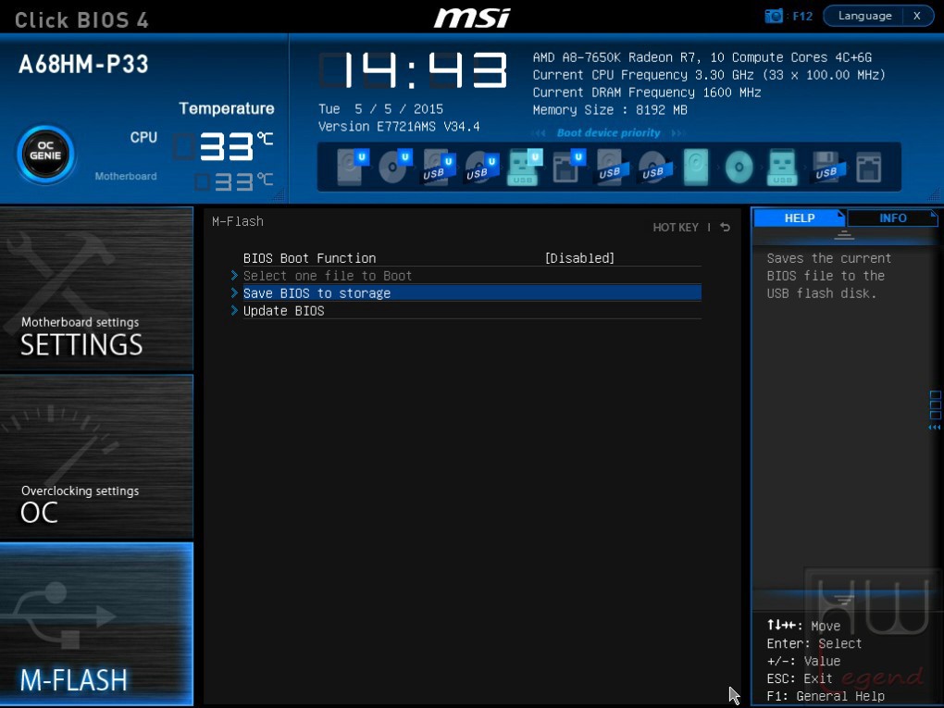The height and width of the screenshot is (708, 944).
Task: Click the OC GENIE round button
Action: [x=45, y=155]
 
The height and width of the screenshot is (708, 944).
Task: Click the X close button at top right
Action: [x=917, y=16]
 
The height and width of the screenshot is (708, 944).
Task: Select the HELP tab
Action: [x=799, y=217]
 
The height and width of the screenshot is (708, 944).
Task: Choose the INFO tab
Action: [x=892, y=217]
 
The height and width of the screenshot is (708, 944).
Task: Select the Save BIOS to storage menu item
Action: [x=317, y=293]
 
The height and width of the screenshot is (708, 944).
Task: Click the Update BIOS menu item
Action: [x=283, y=311]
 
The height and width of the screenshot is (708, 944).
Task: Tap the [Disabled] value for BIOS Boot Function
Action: [x=579, y=258]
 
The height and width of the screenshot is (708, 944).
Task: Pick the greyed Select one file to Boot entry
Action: [x=328, y=276]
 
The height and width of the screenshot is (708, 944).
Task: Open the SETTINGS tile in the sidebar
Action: [x=96, y=289]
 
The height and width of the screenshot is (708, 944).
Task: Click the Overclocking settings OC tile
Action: [x=96, y=456]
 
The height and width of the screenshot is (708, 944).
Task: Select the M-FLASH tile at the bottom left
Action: [x=96, y=624]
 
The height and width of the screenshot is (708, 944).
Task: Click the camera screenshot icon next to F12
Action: [x=774, y=16]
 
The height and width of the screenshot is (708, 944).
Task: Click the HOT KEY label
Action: [x=676, y=227]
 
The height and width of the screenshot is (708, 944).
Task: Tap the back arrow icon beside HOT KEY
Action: [x=726, y=227]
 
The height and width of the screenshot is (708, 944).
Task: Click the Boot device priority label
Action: [x=608, y=132]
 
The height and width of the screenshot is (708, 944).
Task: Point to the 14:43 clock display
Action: [x=413, y=69]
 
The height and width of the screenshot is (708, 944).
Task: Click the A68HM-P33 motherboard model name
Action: [x=83, y=65]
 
